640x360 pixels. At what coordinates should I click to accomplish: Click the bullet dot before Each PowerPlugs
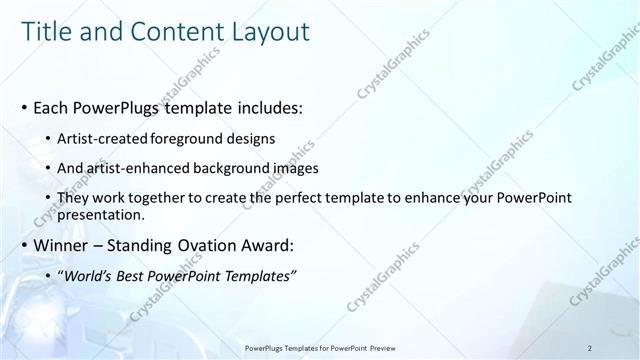[x=25, y=105]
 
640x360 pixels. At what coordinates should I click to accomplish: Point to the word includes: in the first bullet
[x=268, y=105]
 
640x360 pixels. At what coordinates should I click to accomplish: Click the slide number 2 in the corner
[x=591, y=347]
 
